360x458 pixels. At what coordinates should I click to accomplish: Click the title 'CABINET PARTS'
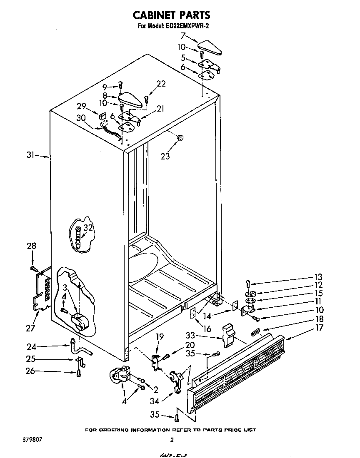(171, 15)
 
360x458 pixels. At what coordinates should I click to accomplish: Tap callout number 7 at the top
(182, 36)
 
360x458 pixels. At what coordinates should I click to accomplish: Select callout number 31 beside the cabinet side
(30, 156)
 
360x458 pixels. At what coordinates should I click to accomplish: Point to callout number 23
(165, 157)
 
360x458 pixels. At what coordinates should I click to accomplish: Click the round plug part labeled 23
(180, 137)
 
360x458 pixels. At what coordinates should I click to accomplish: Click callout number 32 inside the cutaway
(88, 227)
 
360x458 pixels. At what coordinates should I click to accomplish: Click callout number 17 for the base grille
(319, 328)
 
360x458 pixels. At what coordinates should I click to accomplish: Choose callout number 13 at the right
(318, 277)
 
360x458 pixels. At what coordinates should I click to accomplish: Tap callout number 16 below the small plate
(207, 329)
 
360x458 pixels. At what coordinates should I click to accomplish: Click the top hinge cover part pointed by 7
(210, 47)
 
